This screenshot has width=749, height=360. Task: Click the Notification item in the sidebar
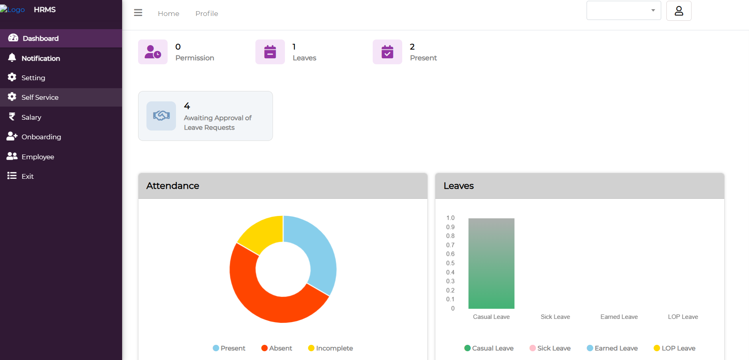40,58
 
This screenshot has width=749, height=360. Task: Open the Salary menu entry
31,117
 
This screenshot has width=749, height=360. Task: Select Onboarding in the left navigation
41,137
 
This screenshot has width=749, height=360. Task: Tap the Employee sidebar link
38,157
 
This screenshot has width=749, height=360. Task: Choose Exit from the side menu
27,176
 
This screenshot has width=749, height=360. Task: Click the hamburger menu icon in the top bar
138,13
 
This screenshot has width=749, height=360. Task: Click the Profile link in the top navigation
207,14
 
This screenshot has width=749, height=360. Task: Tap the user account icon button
678,11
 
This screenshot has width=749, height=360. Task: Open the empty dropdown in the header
623,10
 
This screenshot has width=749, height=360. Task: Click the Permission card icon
153,52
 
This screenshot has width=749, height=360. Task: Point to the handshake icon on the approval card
161,116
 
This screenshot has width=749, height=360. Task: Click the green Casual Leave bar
491,263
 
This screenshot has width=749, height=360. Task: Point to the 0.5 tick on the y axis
450,263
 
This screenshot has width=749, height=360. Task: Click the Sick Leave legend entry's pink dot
532,348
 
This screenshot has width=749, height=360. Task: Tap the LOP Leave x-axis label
683,317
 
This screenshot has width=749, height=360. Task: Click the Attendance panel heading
173,186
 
